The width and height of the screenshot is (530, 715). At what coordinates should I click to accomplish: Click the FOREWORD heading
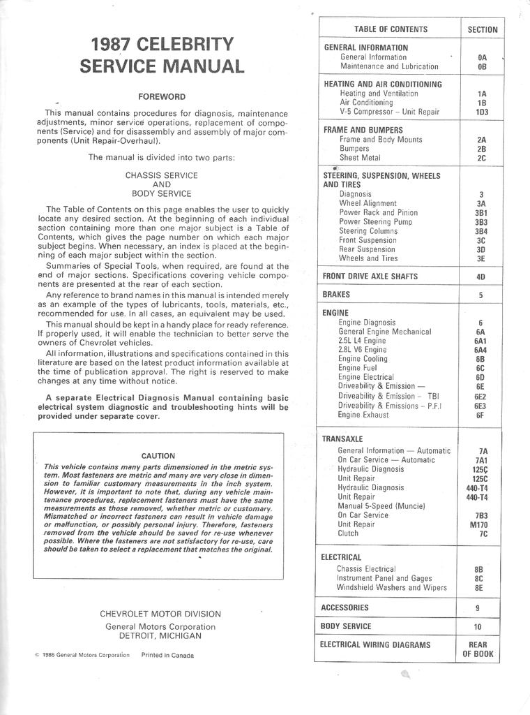pos(161,96)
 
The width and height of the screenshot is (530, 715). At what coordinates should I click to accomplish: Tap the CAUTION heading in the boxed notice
pos(158,456)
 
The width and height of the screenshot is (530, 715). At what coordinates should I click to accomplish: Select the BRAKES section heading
pos(336,295)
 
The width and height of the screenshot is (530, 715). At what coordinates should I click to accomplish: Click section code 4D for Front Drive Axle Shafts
pos(480,277)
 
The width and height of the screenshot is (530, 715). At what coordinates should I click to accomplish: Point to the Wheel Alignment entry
pos(368,203)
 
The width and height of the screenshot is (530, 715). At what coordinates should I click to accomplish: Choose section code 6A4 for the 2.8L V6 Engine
pos(480,350)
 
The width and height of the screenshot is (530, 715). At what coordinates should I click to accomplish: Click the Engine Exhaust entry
pos(368,415)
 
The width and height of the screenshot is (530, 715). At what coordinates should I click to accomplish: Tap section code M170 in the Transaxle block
pos(479,524)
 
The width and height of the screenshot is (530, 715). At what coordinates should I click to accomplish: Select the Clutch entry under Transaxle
pos(348,533)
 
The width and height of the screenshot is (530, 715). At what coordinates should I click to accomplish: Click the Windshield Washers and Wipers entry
pos(391,587)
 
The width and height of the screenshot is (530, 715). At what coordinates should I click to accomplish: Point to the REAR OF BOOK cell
pos(478,649)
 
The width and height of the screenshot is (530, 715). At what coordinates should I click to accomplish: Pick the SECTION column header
pos(483,29)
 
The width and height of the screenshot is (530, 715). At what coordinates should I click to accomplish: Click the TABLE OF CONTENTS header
pos(391,29)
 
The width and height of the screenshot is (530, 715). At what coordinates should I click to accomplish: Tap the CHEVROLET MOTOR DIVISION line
pos(160,614)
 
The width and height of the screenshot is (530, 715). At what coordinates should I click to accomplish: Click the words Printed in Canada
pos(167,655)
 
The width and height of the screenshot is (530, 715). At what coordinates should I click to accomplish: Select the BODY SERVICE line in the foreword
pos(161,193)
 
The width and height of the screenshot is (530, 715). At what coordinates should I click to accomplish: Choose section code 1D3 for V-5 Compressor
pos(482,112)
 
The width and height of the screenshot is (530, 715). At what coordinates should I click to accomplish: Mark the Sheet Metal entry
pos(360,158)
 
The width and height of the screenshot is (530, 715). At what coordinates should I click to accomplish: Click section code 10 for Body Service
pos(478,627)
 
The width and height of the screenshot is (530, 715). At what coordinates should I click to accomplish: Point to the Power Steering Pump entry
pos(375,221)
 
